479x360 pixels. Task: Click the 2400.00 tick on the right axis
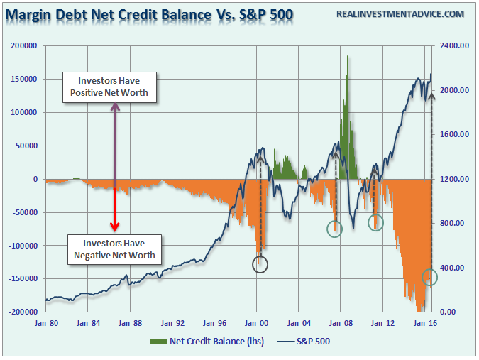coord(455,45)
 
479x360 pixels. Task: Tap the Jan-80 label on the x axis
coord(45,323)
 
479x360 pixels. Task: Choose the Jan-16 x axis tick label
coord(424,323)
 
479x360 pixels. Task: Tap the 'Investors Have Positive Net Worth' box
coord(109,87)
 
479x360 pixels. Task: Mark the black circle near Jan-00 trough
coord(260,264)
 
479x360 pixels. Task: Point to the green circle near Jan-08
coord(334,228)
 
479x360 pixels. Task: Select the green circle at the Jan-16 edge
coord(429,277)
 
